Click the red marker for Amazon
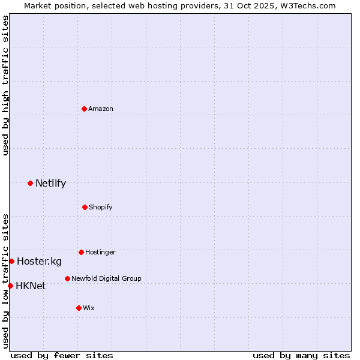coord(85,109)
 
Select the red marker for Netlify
coord(30,183)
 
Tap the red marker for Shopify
coord(85,207)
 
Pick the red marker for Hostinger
coord(81,252)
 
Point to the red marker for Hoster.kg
coord(11,261)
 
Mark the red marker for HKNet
coord(10,286)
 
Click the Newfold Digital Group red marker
coord(67,278)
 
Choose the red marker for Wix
coord(79,308)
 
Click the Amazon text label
coord(101,109)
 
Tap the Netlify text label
coord(50,183)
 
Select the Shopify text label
coord(101,207)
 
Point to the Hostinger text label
coord(100,252)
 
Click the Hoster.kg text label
coord(39,261)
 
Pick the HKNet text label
coord(31,286)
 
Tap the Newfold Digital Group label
coord(106,278)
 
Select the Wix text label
coord(89,308)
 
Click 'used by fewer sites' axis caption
coord(62,355)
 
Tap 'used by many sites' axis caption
coord(301,355)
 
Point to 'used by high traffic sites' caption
coord(5,86)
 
